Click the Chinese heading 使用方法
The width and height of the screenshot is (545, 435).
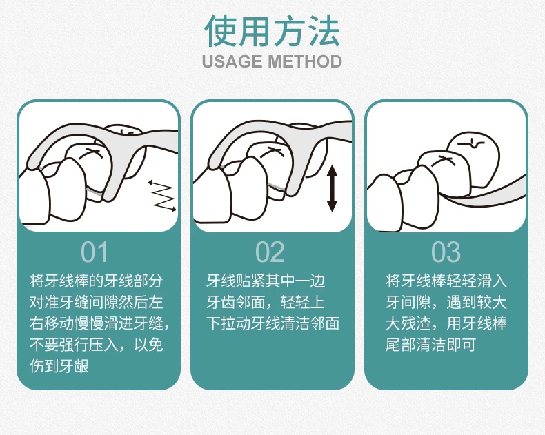[272, 31]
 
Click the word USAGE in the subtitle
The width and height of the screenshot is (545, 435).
[232, 61]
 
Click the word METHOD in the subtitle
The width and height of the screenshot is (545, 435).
[305, 61]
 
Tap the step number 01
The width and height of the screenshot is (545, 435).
[95, 252]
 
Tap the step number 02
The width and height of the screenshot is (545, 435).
[270, 252]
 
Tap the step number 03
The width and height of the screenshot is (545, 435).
[446, 252]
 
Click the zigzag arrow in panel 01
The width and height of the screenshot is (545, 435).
[163, 196]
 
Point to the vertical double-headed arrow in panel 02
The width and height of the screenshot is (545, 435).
[333, 188]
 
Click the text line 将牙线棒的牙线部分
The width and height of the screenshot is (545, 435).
[96, 281]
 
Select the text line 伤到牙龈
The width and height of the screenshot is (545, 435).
[59, 366]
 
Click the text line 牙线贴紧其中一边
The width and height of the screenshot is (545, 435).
[266, 281]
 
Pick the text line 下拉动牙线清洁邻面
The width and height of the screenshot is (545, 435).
[273, 324]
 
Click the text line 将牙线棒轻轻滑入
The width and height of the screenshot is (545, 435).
[446, 281]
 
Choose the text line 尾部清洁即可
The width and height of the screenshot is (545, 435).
[430, 345]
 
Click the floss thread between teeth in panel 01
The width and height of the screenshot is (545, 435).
[95, 192]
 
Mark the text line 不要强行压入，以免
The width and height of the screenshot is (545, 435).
[96, 345]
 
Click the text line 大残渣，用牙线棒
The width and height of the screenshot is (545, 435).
[446, 324]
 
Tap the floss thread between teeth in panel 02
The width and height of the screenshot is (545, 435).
[277, 187]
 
